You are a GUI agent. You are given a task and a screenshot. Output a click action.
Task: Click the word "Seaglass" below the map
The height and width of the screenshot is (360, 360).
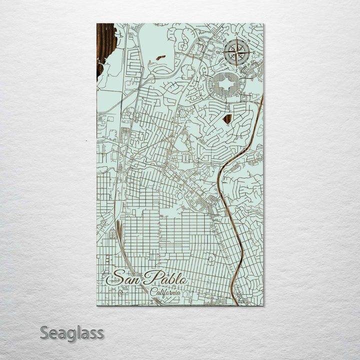[71, 332]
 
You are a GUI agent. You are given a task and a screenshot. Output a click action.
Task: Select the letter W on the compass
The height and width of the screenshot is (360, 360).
[218, 52]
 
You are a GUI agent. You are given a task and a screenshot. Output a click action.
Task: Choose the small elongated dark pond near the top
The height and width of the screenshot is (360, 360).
[160, 58]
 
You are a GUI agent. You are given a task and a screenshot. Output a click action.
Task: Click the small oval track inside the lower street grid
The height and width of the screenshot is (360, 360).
[211, 258]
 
